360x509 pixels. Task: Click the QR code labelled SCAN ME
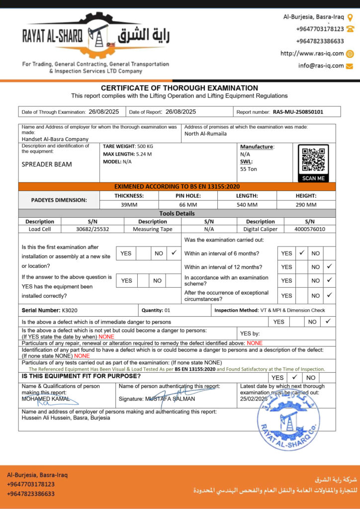pos(313,160)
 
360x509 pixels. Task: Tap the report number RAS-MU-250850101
pos(298,112)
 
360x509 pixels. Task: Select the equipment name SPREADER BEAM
pos(47,164)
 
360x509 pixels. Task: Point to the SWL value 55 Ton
pos(249,169)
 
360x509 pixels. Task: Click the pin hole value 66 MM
pos(188,204)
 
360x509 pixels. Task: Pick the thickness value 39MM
pos(129,204)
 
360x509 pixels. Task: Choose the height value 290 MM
pos(306,204)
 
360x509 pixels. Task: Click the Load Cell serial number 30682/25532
pos(92,229)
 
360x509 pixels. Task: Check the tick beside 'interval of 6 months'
pos(301,253)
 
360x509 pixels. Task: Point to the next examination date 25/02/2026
pos(254,399)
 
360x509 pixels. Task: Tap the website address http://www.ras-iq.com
pos(312,54)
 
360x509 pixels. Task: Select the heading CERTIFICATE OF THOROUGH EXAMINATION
pos(180,88)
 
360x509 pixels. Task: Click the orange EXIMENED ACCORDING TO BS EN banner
pos(177,186)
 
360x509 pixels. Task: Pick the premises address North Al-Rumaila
pos(205,133)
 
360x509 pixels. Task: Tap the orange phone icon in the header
pos(350,29)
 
